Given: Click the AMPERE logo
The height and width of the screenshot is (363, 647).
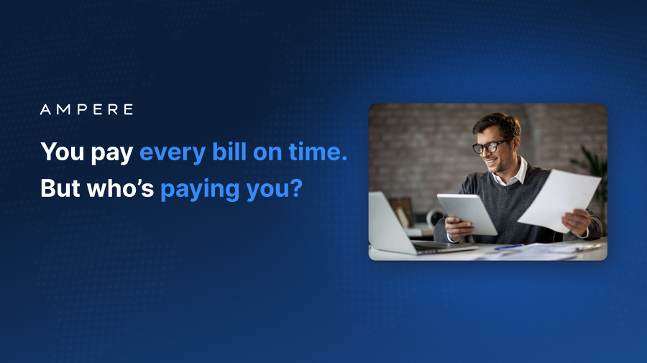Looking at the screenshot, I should coord(86,110).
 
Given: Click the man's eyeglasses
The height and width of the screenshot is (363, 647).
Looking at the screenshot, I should coord(490,146).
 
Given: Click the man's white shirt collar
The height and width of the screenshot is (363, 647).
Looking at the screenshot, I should coord(515,173).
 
